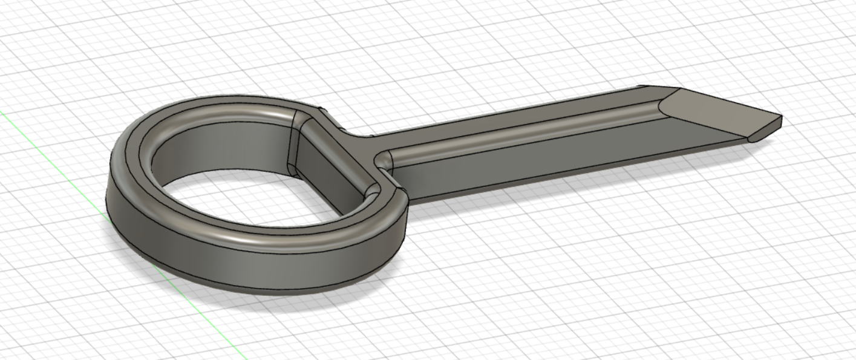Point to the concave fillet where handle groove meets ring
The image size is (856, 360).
[384, 160]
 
